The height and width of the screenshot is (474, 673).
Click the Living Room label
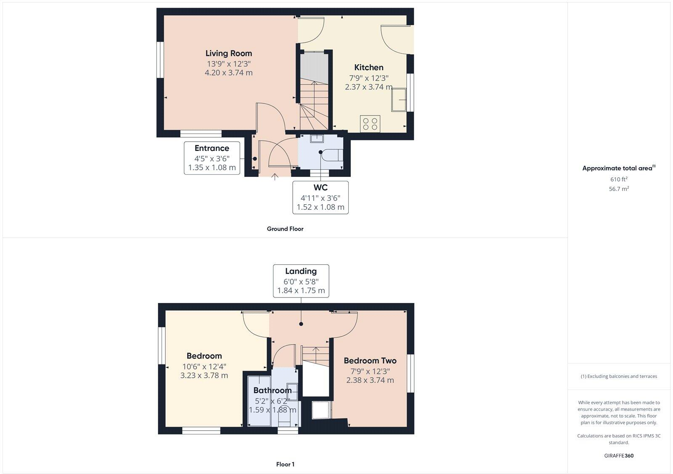coord(228,53)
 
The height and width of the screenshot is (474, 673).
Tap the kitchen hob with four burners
coord(370,124)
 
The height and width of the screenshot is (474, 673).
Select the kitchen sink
coord(398,100)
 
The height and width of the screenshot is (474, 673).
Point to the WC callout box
coord(320,197)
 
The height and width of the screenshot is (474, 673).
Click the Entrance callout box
coord(212,158)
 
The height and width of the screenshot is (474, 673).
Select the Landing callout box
coord(301,281)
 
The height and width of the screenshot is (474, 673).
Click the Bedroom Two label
coord(370,361)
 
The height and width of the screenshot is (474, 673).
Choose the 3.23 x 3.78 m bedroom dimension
coord(204,375)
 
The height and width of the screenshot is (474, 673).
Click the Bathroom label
coord(272,390)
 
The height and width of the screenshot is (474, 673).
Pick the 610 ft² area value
coord(619,179)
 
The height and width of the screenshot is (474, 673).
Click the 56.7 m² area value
coord(619,189)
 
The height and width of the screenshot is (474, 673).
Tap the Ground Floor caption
coord(285,229)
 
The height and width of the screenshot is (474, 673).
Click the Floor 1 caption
coord(285,464)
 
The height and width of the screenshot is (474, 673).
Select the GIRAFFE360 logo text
coord(619,456)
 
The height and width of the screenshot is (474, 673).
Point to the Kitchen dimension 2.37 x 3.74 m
coord(368,87)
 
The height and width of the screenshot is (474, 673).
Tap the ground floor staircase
coord(313,105)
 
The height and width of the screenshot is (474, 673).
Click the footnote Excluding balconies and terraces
coord(619,377)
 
